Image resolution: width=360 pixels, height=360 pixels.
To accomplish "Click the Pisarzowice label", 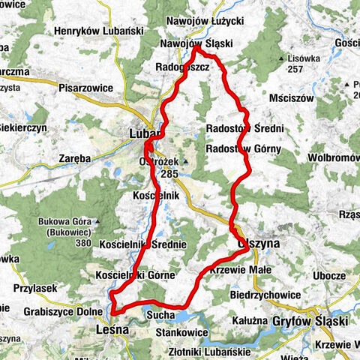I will [x=86, y=88].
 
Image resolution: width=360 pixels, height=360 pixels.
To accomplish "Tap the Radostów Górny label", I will [x=243, y=148].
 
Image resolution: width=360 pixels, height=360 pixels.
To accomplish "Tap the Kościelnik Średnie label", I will [x=141, y=245].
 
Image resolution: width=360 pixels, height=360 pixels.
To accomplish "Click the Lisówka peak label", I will [x=308, y=56].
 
